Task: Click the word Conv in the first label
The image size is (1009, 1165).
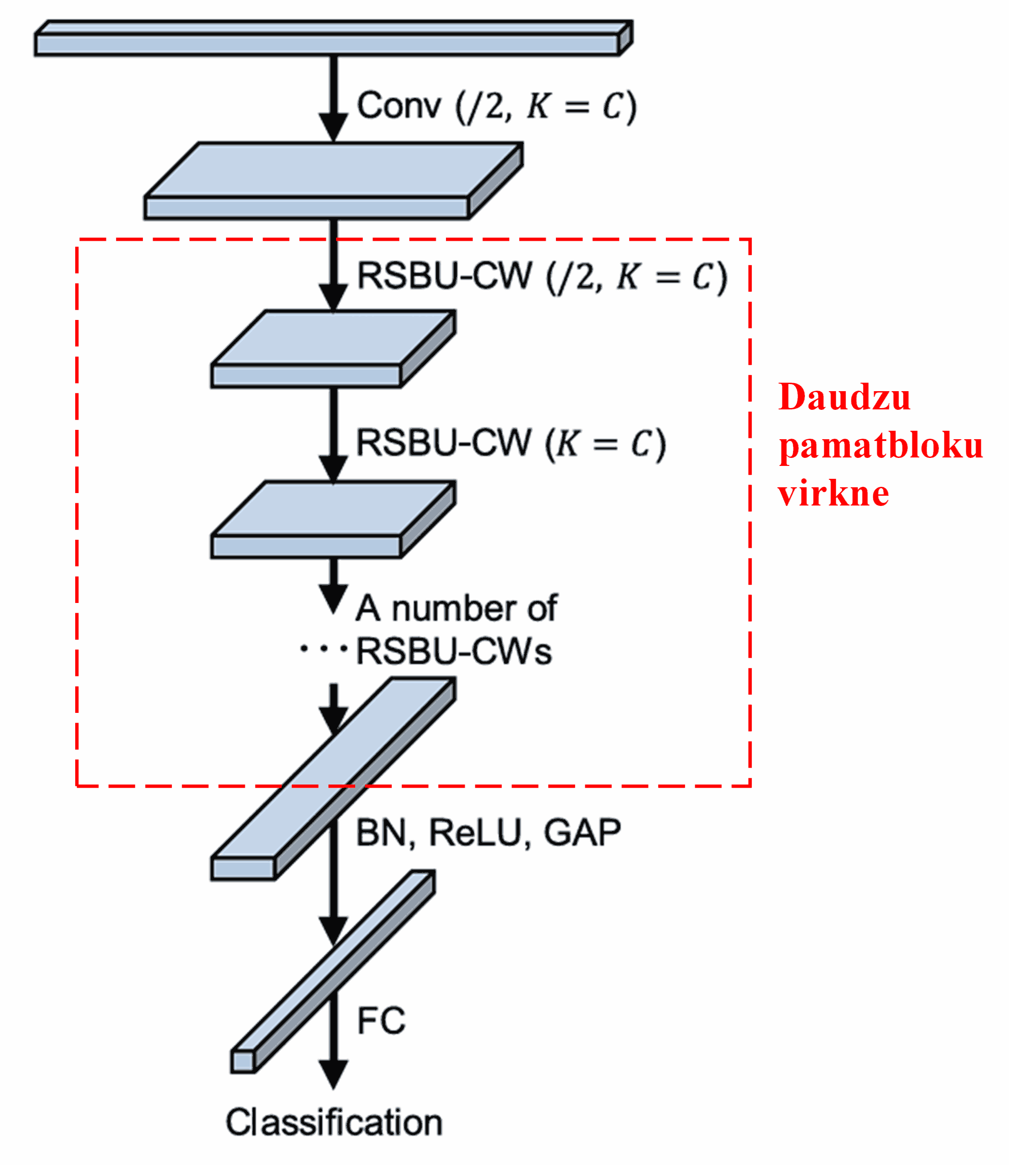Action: tap(399, 105)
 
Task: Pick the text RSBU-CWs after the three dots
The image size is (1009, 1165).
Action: tap(454, 652)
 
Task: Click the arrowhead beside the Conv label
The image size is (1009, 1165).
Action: tap(333, 126)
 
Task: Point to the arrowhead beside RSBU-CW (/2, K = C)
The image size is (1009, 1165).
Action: tap(333, 297)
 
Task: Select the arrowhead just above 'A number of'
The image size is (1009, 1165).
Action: tap(333, 597)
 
